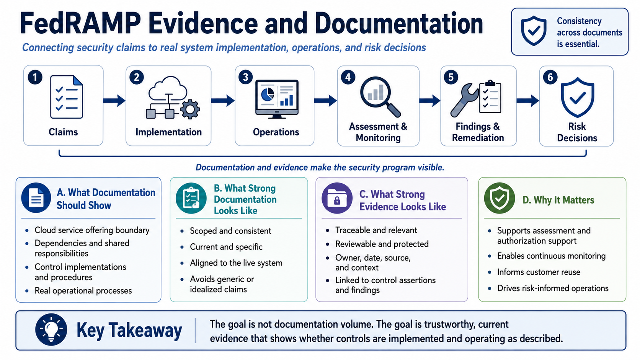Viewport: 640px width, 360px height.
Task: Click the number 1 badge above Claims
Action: pos(35,77)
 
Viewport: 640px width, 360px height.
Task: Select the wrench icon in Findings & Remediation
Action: pos(464,100)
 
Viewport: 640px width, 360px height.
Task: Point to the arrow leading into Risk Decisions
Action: pos(528,101)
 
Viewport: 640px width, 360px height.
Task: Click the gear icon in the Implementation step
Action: pos(190,109)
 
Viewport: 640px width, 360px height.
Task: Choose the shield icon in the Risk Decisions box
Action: pos(578,97)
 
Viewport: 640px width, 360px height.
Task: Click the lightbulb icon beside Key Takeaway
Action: pos(51,329)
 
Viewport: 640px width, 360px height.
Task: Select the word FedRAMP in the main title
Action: pos(80,23)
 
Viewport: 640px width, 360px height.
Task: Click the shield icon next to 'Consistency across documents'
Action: pos(534,31)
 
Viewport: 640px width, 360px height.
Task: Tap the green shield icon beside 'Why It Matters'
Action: pos(500,198)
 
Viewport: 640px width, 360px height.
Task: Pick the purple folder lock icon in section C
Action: pos(337,198)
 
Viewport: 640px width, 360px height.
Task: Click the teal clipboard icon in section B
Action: pos(191,198)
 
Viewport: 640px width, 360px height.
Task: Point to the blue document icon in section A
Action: pos(36,197)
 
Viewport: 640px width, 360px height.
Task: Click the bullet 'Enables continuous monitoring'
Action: pos(551,256)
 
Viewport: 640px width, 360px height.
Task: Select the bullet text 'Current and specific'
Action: pos(226,247)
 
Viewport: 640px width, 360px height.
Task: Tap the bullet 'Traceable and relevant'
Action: pos(376,230)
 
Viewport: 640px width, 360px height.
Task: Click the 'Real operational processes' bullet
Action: pos(83,291)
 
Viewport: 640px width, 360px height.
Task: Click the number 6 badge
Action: pos(550,77)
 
